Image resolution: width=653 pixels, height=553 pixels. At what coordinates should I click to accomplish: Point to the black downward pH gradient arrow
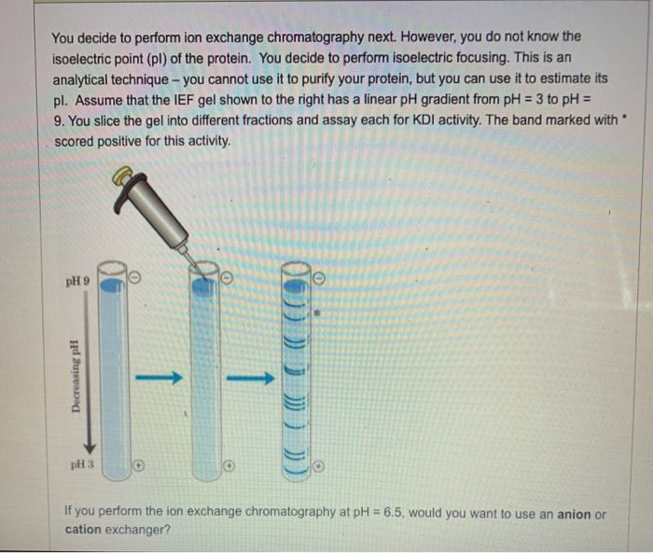pos(91,374)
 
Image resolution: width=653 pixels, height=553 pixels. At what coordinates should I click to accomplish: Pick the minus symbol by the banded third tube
pos(319,277)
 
